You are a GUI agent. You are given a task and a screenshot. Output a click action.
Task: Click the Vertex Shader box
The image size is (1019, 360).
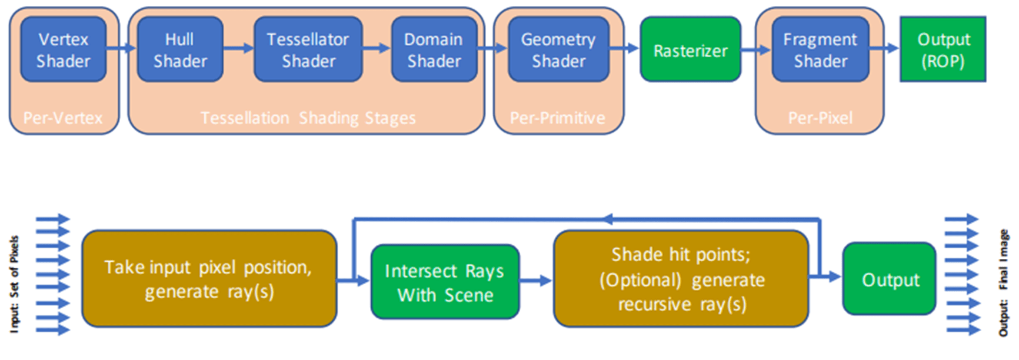point(64,49)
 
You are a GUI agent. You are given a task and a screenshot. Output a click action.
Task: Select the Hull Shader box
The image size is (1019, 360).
point(180,49)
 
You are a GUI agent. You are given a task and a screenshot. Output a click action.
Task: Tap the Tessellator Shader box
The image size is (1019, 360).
point(308,49)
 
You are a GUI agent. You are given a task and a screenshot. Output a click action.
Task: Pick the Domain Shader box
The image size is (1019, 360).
point(434,49)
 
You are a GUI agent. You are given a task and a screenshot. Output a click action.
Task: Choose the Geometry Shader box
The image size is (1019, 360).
point(558,49)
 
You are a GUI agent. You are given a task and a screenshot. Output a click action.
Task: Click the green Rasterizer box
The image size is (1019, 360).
point(690,49)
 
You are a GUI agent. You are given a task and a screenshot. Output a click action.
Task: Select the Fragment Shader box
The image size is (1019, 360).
point(820,49)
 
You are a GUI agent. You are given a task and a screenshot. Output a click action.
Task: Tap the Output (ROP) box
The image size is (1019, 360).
point(943,49)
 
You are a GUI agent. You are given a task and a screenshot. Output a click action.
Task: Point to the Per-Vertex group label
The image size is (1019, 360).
point(63,118)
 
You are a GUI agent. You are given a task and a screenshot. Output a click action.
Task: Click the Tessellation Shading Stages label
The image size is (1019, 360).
point(308,118)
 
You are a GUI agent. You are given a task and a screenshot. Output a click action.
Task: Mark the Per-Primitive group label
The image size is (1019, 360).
point(557,118)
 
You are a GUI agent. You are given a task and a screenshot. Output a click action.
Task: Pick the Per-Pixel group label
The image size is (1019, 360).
point(820,118)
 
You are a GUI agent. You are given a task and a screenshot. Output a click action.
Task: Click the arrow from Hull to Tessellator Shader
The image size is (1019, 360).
point(238,48)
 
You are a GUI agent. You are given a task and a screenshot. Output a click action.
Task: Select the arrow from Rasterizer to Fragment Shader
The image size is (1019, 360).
point(756,50)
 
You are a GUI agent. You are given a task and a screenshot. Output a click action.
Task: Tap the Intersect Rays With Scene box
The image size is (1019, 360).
point(445,282)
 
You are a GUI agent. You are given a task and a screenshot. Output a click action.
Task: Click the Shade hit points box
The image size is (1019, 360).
point(681,279)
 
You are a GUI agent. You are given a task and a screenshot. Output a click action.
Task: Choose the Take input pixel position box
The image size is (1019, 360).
point(209,279)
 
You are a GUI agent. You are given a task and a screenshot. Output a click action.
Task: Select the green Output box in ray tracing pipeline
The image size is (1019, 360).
point(890,279)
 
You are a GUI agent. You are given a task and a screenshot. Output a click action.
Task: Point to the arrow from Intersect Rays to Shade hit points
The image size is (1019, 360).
point(535,281)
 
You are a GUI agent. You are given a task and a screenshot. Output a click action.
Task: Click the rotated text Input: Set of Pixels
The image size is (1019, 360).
point(14,284)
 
